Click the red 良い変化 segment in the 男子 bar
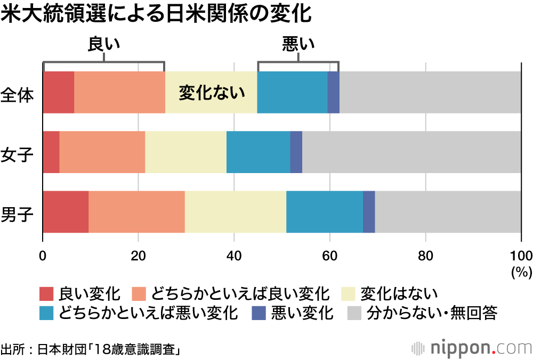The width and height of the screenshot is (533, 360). [66, 211]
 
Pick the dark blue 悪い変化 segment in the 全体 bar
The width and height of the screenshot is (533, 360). [333, 92]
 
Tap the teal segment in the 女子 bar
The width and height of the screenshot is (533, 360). [258, 152]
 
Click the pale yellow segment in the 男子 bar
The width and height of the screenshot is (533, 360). [235, 211]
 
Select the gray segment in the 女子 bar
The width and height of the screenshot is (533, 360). [411, 152]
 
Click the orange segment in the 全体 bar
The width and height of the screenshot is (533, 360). [119, 92]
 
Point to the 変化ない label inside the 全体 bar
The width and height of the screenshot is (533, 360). [212, 93]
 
